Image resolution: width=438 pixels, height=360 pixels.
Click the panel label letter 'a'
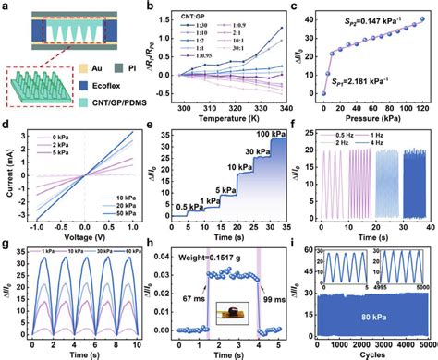point(7,7)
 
